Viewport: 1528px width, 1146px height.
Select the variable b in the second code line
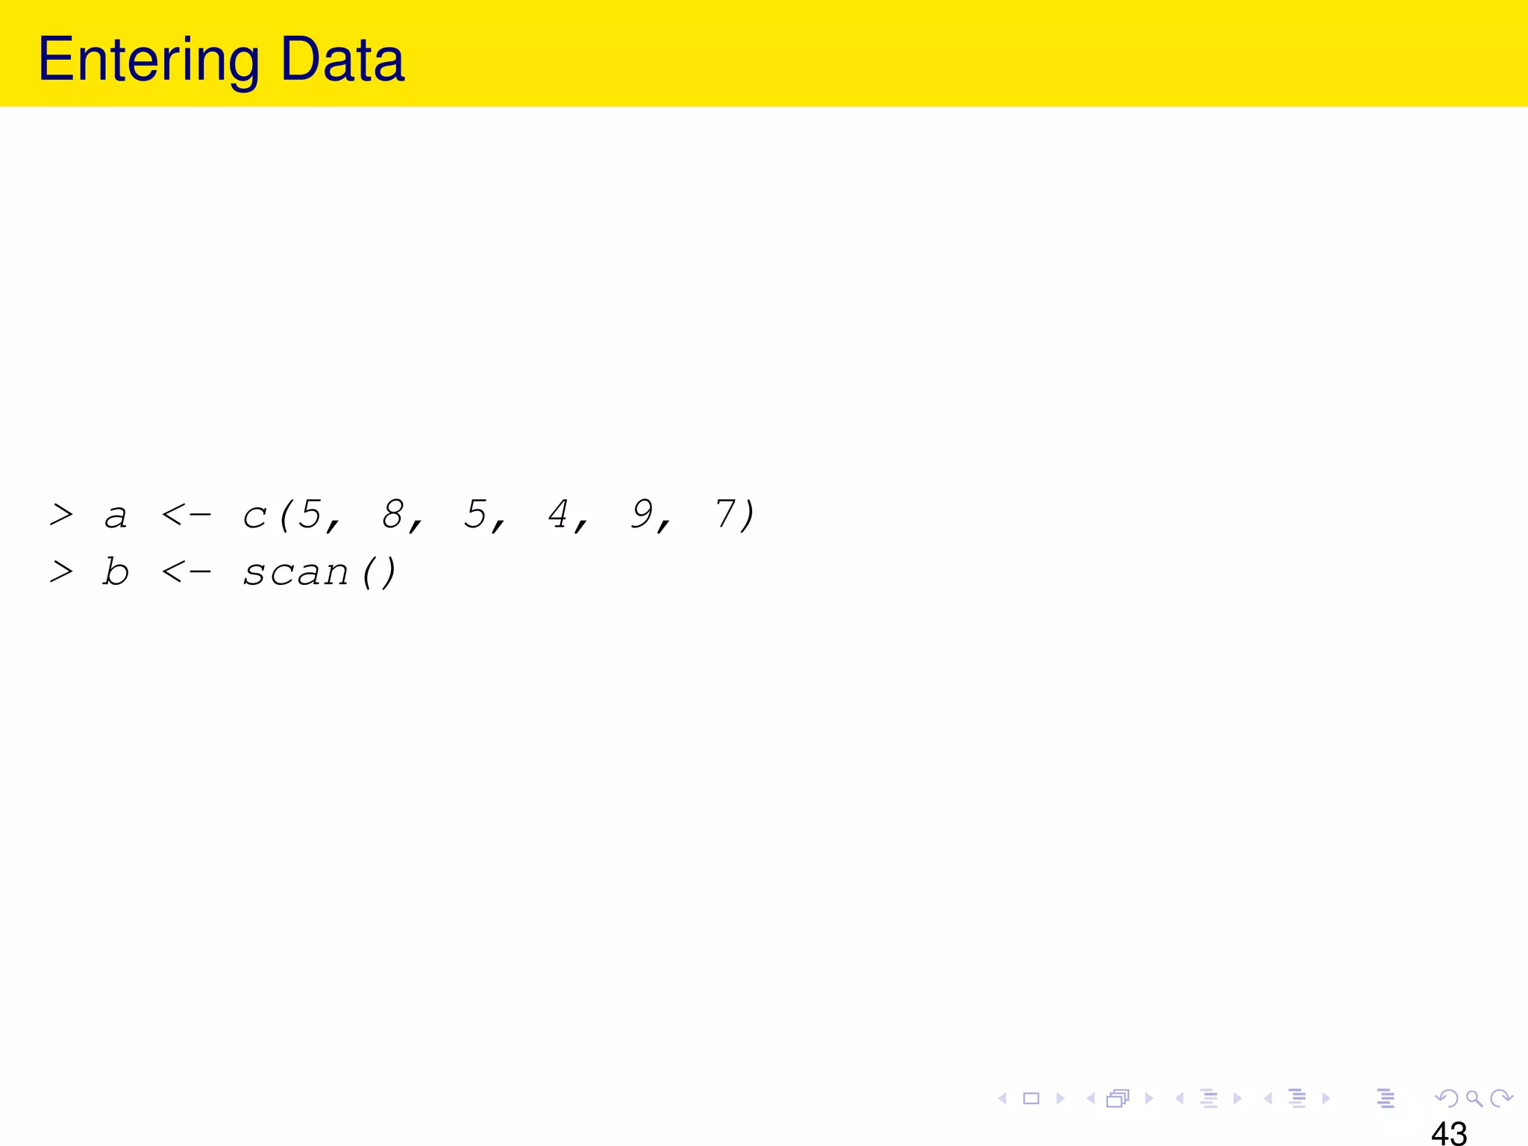(x=116, y=572)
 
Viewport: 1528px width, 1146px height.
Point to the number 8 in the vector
(x=392, y=514)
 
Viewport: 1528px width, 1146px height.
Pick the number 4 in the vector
(x=558, y=514)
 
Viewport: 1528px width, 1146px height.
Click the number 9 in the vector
(x=642, y=514)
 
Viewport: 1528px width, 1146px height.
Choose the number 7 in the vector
(x=724, y=514)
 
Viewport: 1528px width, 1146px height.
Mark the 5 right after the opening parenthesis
(x=310, y=514)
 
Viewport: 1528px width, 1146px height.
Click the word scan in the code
(x=296, y=573)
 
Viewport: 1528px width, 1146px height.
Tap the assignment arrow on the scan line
(x=187, y=573)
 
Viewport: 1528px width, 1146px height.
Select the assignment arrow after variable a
(x=187, y=515)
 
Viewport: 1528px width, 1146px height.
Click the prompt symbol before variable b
(x=61, y=572)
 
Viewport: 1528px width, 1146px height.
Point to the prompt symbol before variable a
(x=61, y=514)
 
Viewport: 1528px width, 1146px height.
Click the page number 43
(x=1449, y=1133)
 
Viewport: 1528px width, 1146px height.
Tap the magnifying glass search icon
(x=1474, y=1098)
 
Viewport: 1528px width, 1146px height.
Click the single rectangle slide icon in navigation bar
(x=1031, y=1098)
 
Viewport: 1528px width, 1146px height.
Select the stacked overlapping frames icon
(x=1118, y=1098)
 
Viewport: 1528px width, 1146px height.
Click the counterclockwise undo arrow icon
(x=1447, y=1098)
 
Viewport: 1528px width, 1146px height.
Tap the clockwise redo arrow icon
(x=1500, y=1098)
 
